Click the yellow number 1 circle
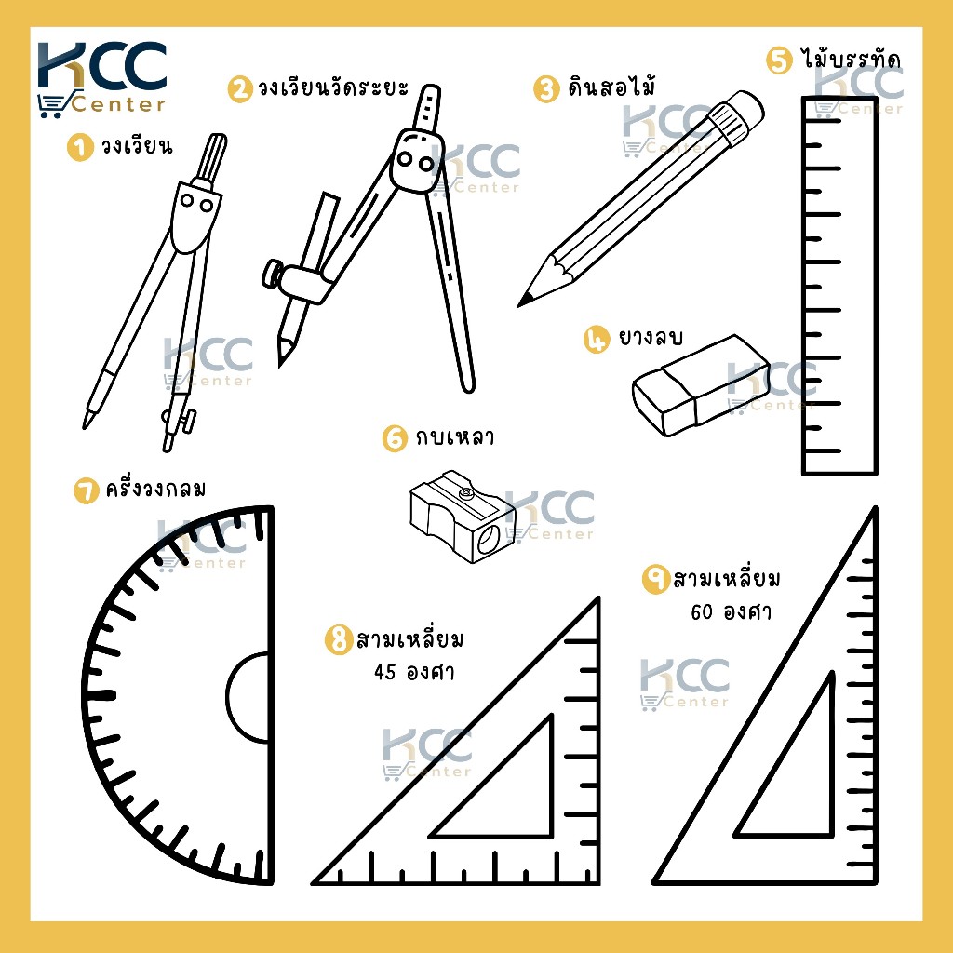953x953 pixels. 80,147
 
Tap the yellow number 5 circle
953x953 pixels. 779,60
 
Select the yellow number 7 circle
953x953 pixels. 87,491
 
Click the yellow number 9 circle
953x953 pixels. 656,580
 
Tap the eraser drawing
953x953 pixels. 701,384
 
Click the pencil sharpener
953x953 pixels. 463,516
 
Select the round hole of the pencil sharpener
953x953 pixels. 488,539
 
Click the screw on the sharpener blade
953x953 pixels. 467,493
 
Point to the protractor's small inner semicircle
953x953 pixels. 247,697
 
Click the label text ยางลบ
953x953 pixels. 650,337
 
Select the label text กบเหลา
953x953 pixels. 454,437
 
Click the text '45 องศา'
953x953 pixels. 414,672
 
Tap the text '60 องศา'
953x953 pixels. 732,611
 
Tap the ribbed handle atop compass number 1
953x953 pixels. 211,156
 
